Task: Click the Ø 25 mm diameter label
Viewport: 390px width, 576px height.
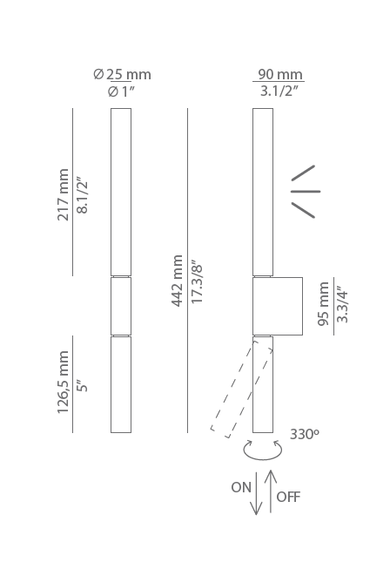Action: point(122,74)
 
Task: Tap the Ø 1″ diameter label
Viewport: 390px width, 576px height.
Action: point(121,91)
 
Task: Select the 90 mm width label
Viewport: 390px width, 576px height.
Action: point(280,74)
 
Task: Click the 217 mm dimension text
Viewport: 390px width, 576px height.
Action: point(63,194)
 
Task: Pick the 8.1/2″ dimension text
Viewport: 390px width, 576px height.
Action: point(82,197)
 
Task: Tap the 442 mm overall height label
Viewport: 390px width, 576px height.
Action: point(177,281)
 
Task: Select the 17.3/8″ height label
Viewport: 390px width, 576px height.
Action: point(196,283)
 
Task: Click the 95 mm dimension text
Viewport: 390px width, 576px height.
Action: point(323,304)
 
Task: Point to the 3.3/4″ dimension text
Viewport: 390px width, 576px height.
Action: point(341,305)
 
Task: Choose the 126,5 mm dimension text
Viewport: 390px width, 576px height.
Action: point(63,382)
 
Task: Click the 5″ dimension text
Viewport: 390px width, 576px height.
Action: point(83,386)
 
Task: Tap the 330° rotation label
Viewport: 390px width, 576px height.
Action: point(304,434)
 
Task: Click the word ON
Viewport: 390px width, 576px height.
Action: point(241,487)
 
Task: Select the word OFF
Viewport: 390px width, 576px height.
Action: point(288,497)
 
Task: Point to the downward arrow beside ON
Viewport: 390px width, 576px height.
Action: point(256,493)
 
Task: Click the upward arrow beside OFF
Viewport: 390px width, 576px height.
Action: point(271,491)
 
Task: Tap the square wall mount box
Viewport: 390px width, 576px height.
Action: point(278,306)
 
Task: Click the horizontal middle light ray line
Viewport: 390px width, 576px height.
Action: point(306,192)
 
